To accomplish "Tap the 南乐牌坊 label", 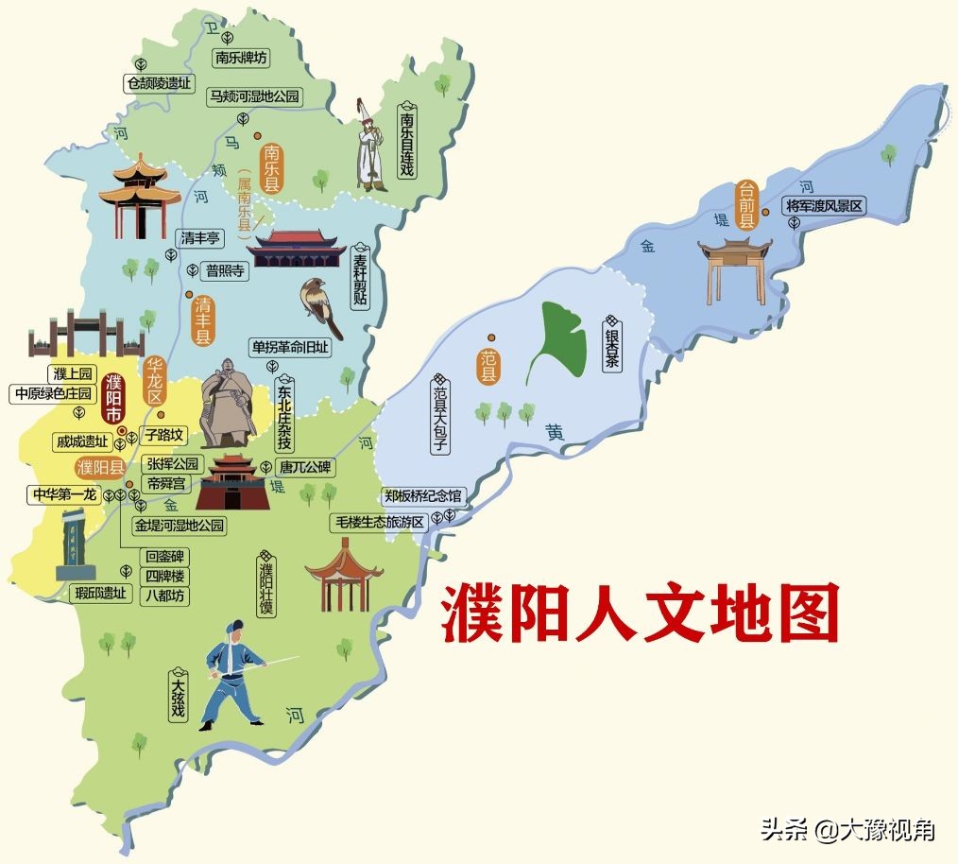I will tap(241, 58).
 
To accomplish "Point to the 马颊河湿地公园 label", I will tap(254, 96).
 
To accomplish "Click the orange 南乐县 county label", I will tap(272, 168).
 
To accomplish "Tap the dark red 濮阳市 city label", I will tap(113, 397).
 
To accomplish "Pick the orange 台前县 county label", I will tap(746, 204).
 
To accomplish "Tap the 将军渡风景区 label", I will tap(824, 206).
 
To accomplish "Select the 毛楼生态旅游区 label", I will tap(378, 521).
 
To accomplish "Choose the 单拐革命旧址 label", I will tap(289, 347).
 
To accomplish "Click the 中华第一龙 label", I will tap(64, 493).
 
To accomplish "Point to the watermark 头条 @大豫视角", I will tap(847, 830).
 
